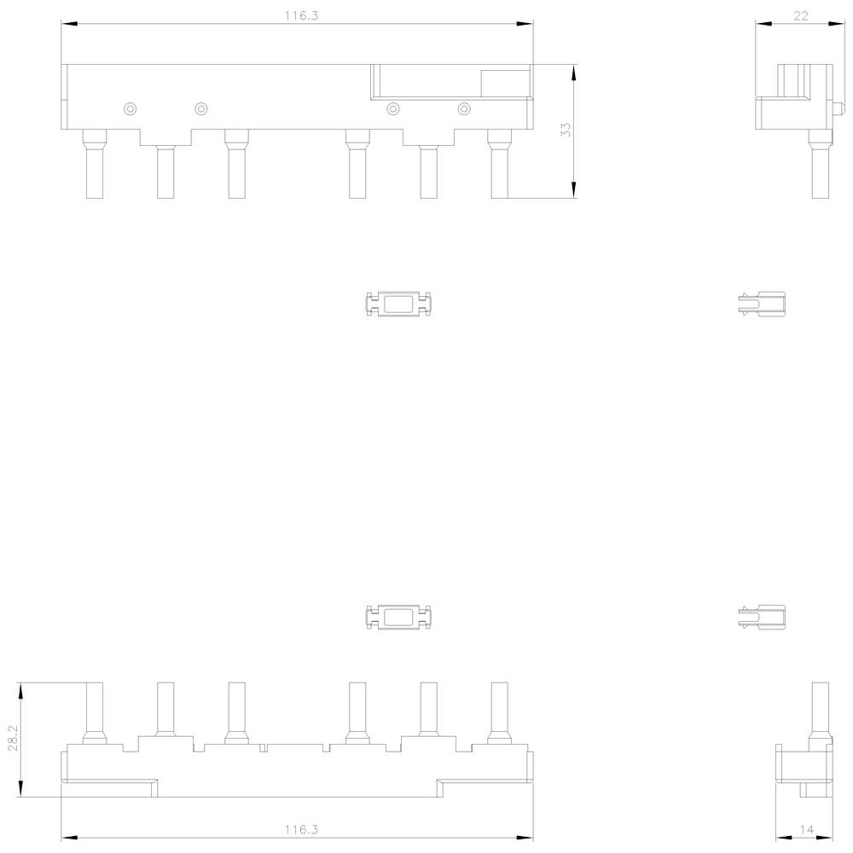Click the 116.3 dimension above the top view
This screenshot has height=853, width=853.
pyautogui.click(x=296, y=16)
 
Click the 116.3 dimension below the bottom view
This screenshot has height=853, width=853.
pyautogui.click(x=296, y=828)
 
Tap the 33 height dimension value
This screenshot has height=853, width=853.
pyautogui.click(x=566, y=131)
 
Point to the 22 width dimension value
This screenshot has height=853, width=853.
pyautogui.click(x=800, y=16)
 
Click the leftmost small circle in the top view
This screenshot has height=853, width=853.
pyautogui.click(x=130, y=108)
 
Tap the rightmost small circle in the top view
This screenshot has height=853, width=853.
pyautogui.click(x=464, y=108)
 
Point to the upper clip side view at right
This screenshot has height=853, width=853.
pyautogui.click(x=761, y=304)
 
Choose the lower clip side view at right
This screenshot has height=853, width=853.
pyautogui.click(x=761, y=617)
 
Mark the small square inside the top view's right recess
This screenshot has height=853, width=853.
pyautogui.click(x=504, y=84)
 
